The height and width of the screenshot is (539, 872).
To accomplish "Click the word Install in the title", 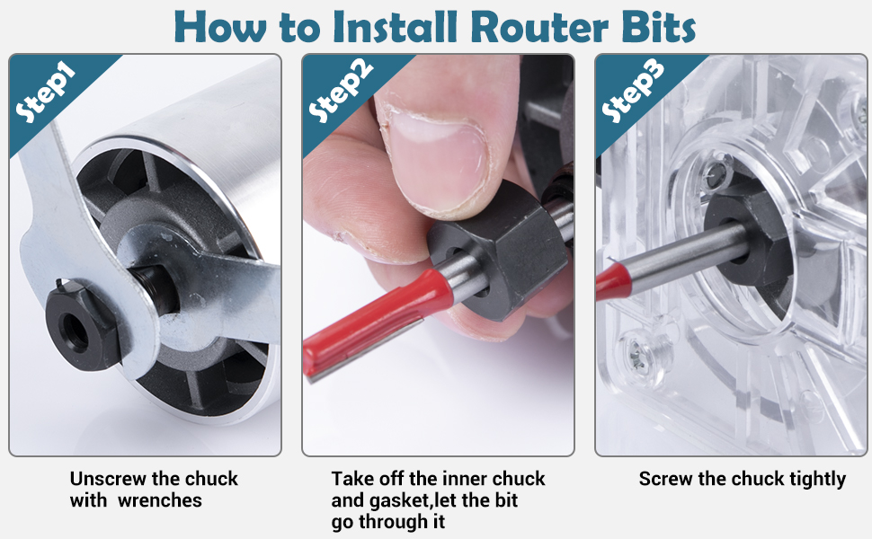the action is (395, 27).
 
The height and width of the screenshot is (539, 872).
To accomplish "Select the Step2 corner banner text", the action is (340, 91).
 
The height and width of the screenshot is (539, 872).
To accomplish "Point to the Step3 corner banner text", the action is (633, 91).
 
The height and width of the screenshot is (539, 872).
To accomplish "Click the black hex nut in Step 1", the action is (84, 325).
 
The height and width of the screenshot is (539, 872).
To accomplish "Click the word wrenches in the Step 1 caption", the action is (160, 500).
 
